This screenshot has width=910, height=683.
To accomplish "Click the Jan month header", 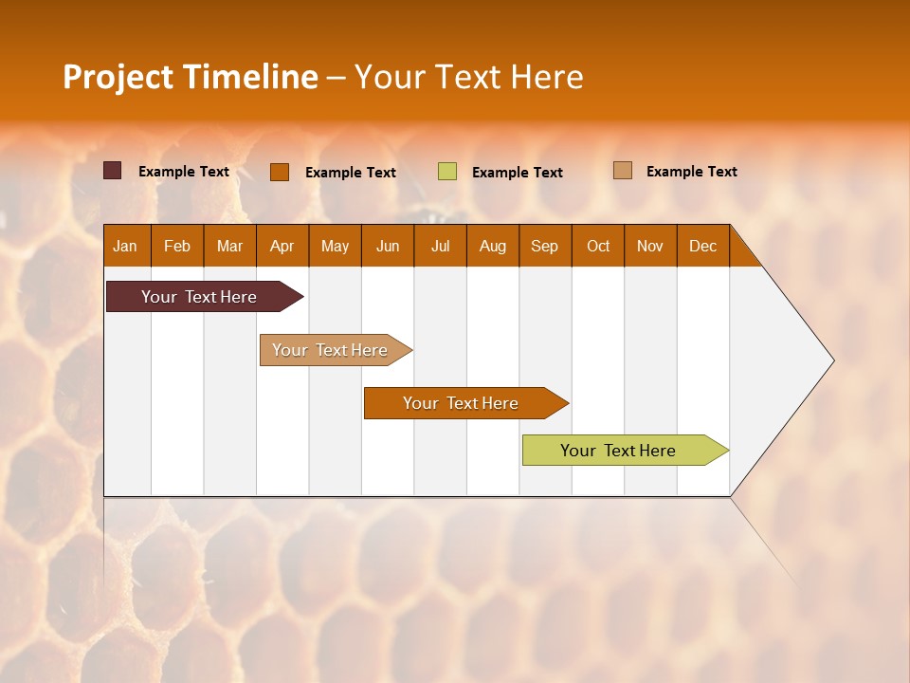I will (x=126, y=246).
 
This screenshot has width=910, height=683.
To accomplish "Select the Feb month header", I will (x=177, y=246).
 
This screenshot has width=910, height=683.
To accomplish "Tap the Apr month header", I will (x=282, y=246).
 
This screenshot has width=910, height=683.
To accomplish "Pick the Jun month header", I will (x=388, y=246).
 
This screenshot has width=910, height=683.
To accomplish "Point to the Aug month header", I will (x=493, y=246).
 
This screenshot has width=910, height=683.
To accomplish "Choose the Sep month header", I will (x=545, y=246).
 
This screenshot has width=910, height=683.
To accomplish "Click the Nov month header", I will (x=650, y=246).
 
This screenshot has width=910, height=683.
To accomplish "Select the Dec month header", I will (x=702, y=246).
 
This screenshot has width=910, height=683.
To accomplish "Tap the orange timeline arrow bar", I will (x=462, y=403).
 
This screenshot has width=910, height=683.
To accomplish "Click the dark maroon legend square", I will (x=112, y=171).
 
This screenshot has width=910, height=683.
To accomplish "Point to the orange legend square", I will (x=279, y=172).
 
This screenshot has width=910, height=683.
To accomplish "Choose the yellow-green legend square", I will (x=447, y=172).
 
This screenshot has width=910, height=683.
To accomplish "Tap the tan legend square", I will (x=622, y=171).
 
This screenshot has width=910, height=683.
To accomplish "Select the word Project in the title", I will (x=118, y=77).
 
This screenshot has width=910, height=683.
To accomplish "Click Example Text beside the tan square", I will (x=691, y=172).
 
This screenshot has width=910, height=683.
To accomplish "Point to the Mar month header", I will (x=229, y=246).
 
